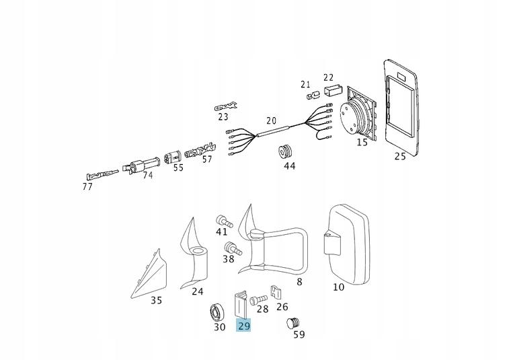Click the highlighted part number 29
point(243,326)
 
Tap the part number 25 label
point(400,156)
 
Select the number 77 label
point(87,186)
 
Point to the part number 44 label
point(289,166)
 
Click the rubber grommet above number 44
point(287,151)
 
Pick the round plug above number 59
point(293,323)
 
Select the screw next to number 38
point(230,247)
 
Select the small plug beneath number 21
point(312,96)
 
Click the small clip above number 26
point(275,293)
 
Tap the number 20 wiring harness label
point(271,121)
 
